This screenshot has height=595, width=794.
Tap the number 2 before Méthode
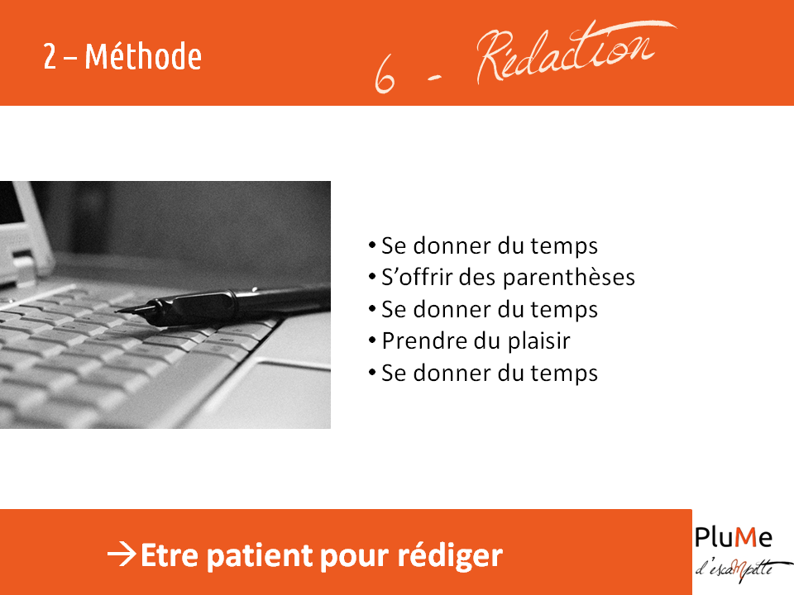pyautogui.click(x=50, y=56)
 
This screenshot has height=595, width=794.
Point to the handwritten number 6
pyautogui.click(x=385, y=74)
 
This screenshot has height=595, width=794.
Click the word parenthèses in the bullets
pyautogui.click(x=569, y=278)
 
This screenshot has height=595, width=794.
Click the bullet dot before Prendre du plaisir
pyautogui.click(x=372, y=340)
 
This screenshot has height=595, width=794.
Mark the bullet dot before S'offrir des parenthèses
pyautogui.click(x=372, y=277)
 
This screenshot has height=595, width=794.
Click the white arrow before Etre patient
pyautogui.click(x=122, y=554)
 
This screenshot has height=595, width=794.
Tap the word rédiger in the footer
pyautogui.click(x=450, y=555)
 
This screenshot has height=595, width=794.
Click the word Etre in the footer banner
pyautogui.click(x=169, y=555)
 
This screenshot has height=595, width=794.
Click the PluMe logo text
pyautogui.click(x=733, y=537)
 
